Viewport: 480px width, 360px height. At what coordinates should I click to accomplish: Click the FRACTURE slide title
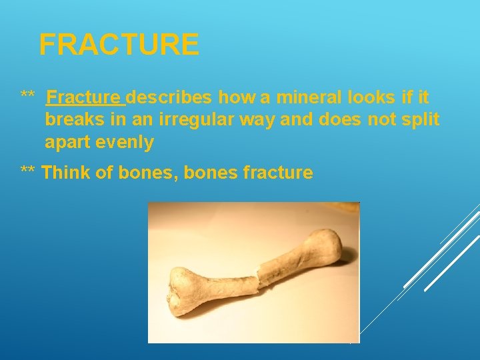[119, 45]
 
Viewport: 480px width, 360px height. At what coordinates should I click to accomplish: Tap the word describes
[169, 98]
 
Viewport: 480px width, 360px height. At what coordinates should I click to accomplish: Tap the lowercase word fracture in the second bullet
[278, 173]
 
